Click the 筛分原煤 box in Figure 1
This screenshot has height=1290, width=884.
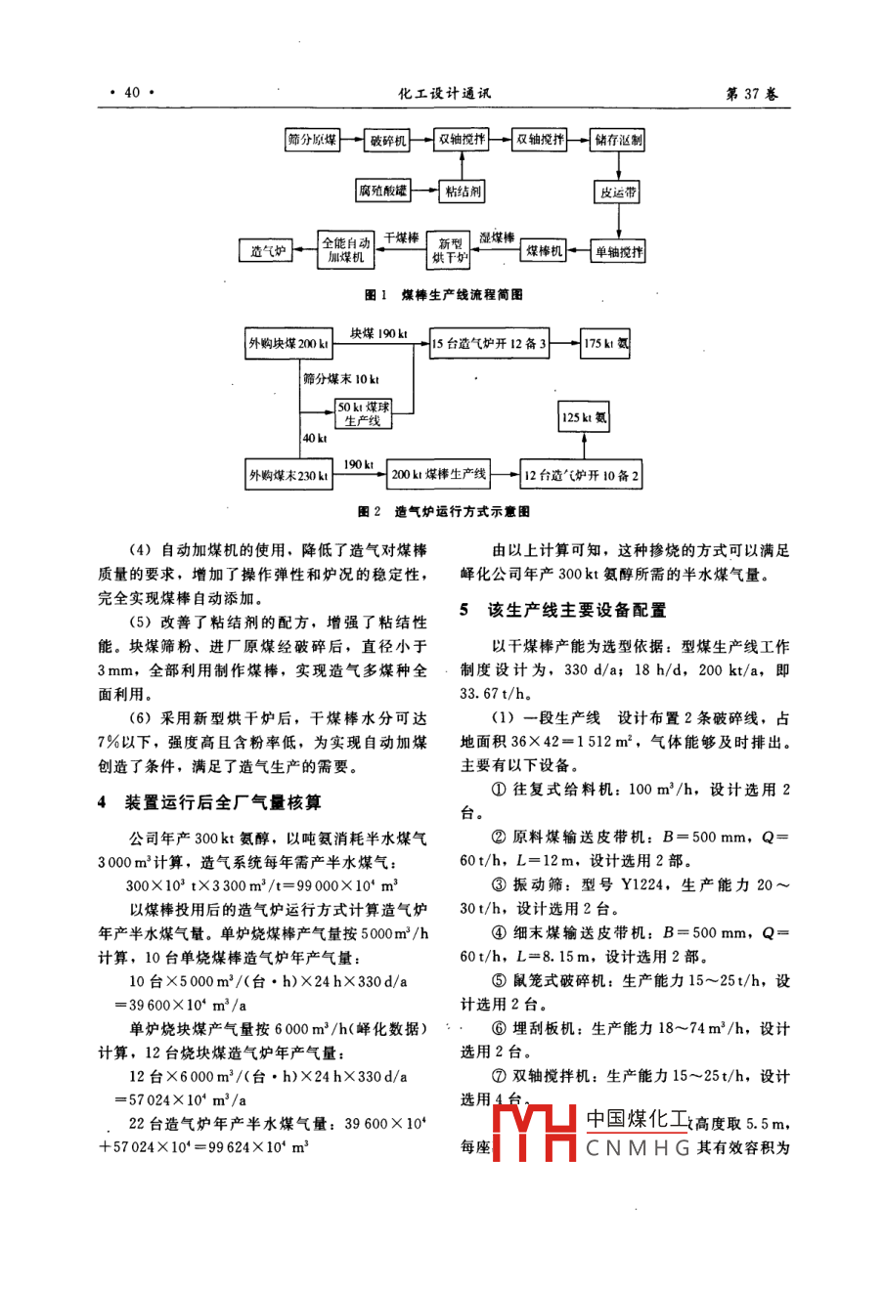click(x=312, y=141)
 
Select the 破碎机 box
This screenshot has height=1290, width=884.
click(x=388, y=141)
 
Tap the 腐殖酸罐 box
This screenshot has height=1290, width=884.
click(x=383, y=192)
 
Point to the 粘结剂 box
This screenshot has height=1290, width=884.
click(x=463, y=192)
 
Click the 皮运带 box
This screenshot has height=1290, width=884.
click(x=618, y=193)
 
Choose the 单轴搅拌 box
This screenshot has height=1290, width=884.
click(x=619, y=252)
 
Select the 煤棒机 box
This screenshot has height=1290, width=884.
click(x=545, y=251)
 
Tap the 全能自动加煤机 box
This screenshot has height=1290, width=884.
click(x=346, y=250)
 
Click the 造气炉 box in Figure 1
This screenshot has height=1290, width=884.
click(x=267, y=251)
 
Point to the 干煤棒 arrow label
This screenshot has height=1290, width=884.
click(x=400, y=237)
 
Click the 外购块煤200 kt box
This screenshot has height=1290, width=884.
click(x=288, y=344)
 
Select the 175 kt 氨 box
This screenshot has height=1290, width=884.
click(x=606, y=343)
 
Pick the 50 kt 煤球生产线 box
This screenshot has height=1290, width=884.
click(x=363, y=413)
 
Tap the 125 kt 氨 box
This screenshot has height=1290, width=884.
click(x=584, y=417)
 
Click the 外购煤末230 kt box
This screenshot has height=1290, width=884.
click(x=288, y=476)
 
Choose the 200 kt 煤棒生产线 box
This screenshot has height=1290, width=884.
click(x=438, y=475)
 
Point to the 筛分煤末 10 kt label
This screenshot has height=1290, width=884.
click(x=341, y=379)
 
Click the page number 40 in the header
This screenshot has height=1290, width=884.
click(x=132, y=93)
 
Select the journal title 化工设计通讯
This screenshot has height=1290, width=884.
click(x=444, y=94)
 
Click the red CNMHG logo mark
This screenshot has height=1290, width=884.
click(x=534, y=1134)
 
